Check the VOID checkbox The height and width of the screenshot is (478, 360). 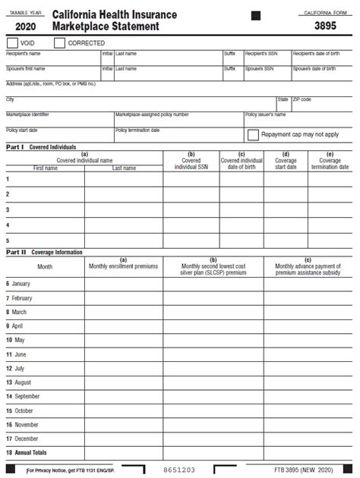[x=12, y=43]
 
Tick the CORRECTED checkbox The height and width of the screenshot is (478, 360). [x=60, y=43]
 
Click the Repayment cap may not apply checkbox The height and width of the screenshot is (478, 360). [x=254, y=134]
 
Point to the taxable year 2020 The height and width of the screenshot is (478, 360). [x=25, y=27]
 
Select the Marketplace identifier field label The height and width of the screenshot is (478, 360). [x=27, y=115]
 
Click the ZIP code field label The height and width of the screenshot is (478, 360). [x=302, y=99]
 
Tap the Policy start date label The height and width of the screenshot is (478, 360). [x=22, y=130]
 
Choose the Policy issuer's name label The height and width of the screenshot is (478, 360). [x=265, y=115]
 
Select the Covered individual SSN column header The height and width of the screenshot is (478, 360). [x=191, y=163]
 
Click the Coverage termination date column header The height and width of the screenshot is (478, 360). [x=330, y=163]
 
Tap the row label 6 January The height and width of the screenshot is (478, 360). [x=18, y=283]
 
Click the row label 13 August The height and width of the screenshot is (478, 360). [x=19, y=382]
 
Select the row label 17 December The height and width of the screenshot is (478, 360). [x=22, y=439]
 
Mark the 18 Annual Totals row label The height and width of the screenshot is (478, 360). [x=27, y=453]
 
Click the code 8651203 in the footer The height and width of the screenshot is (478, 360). [x=179, y=470]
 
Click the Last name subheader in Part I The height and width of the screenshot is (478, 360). [x=124, y=168]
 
